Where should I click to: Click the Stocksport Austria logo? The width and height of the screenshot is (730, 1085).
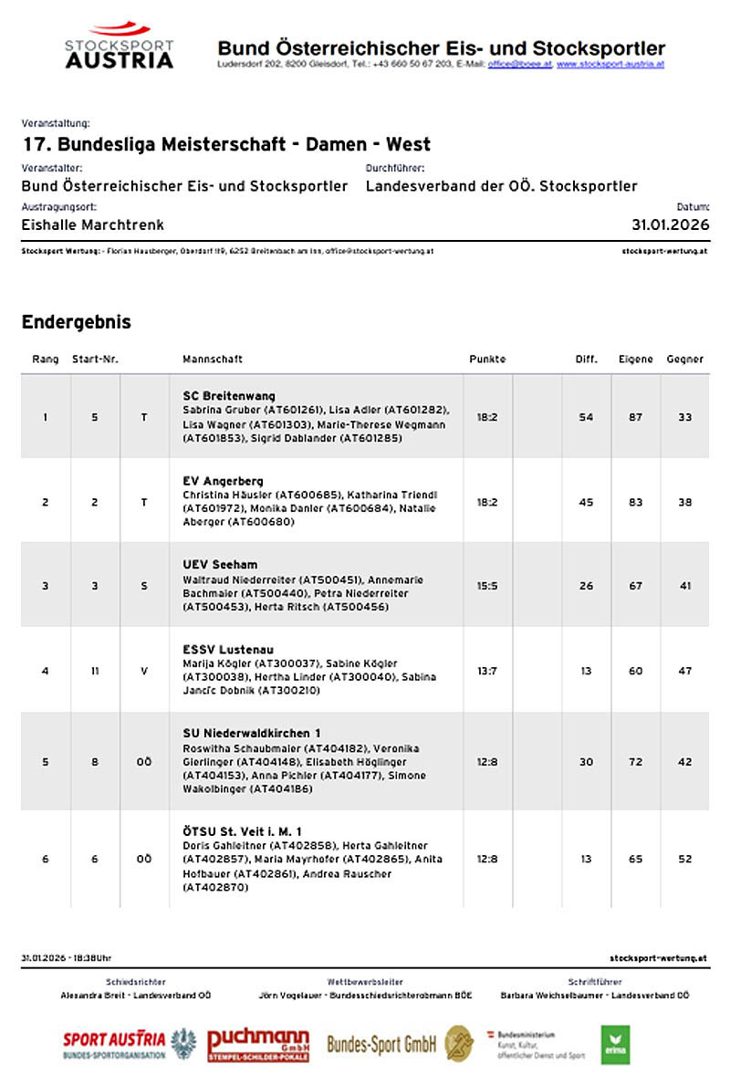tap(120, 47)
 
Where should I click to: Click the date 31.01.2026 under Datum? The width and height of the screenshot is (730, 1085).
tap(670, 224)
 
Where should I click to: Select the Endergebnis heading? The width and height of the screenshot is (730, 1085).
tap(76, 322)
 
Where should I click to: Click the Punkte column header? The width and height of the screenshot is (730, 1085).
tap(487, 360)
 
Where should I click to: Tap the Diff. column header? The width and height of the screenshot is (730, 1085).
tap(586, 360)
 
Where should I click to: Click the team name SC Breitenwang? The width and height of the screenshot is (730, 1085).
tap(229, 396)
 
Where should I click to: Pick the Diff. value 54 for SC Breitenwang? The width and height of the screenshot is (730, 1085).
tap(586, 417)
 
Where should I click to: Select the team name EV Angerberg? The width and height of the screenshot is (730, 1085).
tap(223, 481)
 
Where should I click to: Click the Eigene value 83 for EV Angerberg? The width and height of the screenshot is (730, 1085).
tap(635, 502)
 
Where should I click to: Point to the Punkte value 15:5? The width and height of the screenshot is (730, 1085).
tap(487, 586)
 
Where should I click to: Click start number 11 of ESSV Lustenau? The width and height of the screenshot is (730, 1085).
tap(95, 671)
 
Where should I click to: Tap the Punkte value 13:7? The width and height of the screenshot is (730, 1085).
tap(487, 671)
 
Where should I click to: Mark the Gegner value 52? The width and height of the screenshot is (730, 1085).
tap(684, 859)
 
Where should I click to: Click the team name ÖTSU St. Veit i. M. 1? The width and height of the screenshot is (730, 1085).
tap(243, 831)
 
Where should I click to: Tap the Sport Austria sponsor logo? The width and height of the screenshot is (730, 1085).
tap(129, 1044)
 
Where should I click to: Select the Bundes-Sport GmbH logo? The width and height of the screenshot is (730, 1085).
tap(400, 1044)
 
